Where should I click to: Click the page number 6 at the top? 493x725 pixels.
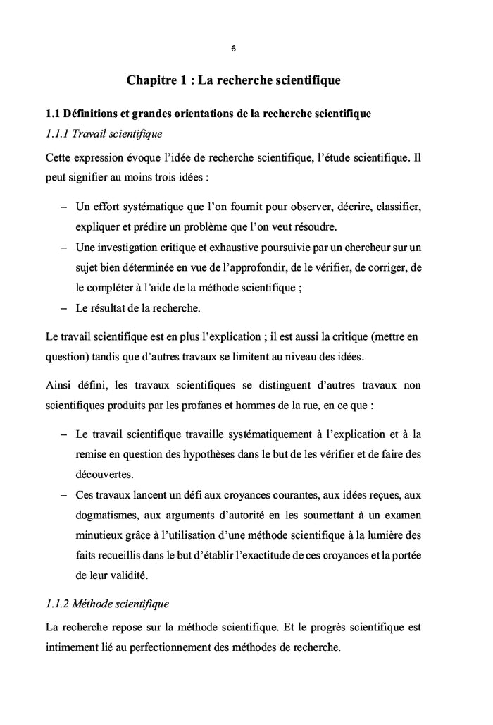click(x=233, y=49)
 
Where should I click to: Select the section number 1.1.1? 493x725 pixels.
click(x=59, y=133)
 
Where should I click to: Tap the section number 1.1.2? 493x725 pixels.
click(x=59, y=604)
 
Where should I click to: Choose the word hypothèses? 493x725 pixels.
click(x=209, y=456)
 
